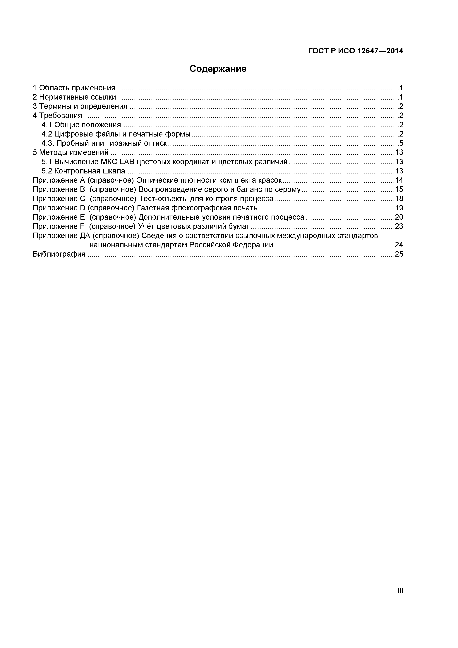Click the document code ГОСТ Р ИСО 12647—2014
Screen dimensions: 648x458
[355, 51]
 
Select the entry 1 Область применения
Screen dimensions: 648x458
[74, 88]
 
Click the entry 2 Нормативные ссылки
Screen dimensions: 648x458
[74, 97]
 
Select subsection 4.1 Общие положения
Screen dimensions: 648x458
[81, 125]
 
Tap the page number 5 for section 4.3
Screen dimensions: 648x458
[401, 143]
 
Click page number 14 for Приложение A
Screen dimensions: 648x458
[399, 180]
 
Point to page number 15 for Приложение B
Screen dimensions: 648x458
[399, 189]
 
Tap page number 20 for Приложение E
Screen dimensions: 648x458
[399, 217]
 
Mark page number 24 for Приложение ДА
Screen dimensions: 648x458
[399, 245]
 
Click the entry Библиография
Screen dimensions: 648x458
[59, 254]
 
